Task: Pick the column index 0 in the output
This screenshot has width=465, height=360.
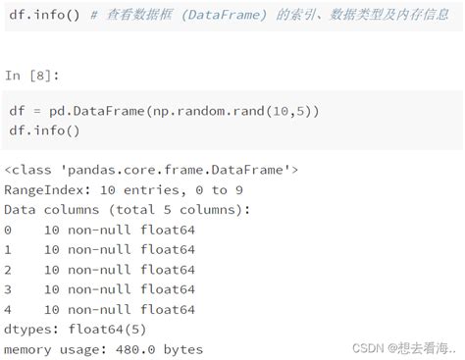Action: pyautogui.click(x=9, y=230)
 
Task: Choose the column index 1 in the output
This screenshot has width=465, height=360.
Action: pyautogui.click(x=9, y=249)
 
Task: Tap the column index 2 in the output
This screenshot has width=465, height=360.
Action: pyautogui.click(x=9, y=269)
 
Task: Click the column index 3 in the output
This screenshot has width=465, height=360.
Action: pyautogui.click(x=9, y=289)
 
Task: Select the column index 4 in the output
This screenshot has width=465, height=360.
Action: pyautogui.click(x=9, y=309)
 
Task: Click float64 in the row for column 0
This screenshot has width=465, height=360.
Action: pyautogui.click(x=167, y=230)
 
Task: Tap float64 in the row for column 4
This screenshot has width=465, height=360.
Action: pyautogui.click(x=167, y=309)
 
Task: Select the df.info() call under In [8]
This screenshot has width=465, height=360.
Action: pyautogui.click(x=44, y=130)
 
